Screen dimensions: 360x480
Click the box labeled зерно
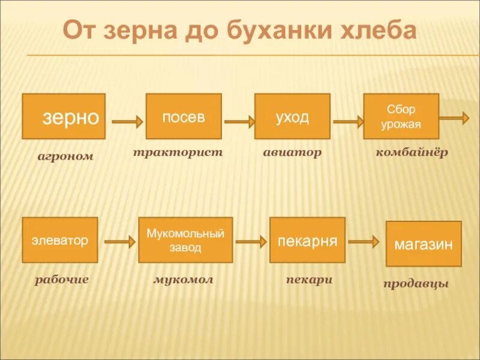point(64,116)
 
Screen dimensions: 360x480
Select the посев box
point(184,116)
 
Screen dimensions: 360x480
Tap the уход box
point(292,116)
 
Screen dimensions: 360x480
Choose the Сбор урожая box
point(401,116)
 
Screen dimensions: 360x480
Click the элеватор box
point(60,240)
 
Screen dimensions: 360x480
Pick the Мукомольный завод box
point(185,240)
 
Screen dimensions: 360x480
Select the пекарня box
point(307,240)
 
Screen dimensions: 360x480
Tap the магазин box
point(424,244)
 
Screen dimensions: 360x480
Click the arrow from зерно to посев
point(127,121)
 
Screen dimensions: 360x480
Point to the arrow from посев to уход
point(239,121)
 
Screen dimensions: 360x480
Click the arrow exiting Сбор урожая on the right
point(454,118)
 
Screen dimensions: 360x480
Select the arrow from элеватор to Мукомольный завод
point(119,242)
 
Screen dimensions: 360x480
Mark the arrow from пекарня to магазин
point(364,242)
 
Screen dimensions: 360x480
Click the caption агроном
point(65,157)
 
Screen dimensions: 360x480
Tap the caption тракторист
point(178,152)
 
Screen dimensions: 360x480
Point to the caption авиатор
point(292,152)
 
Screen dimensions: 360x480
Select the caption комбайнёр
point(412,152)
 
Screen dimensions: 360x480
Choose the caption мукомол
point(183,280)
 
